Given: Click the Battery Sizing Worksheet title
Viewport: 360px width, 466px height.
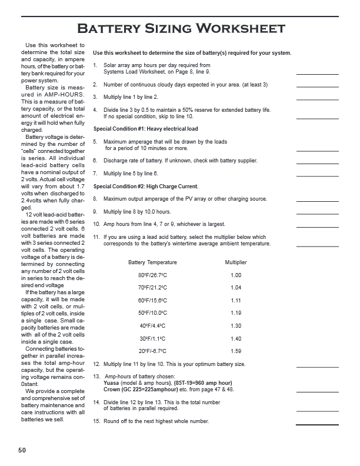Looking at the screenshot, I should click(x=182, y=28).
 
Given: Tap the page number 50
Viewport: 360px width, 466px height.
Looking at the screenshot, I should click(x=22, y=451).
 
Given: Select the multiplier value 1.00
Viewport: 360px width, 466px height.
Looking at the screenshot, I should click(x=236, y=275).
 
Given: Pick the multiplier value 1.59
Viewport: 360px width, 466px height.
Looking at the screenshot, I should click(x=236, y=351).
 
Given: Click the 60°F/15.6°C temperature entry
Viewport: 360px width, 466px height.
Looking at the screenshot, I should click(x=152, y=301).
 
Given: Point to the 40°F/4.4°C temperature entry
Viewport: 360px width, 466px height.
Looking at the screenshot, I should click(x=152, y=326).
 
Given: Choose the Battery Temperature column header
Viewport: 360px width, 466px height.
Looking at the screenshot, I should click(x=152, y=262).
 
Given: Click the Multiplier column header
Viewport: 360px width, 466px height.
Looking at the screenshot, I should click(x=236, y=262).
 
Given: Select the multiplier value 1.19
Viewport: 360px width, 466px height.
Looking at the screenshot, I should click(x=236, y=313).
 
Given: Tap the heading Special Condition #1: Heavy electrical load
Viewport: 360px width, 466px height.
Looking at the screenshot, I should click(x=145, y=129).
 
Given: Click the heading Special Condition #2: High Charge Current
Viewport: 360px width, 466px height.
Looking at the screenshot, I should click(x=145, y=187).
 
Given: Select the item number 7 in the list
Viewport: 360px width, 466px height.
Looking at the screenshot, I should click(x=95, y=174).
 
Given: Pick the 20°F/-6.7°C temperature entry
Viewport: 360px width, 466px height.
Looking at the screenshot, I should click(x=152, y=351).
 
